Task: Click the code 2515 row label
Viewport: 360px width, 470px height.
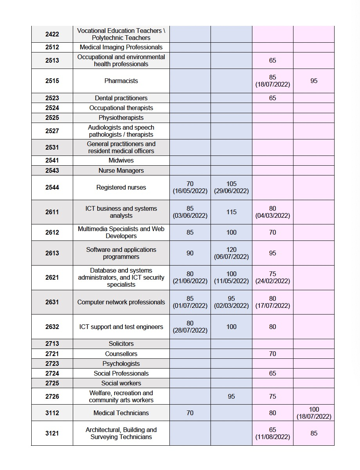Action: (52, 81)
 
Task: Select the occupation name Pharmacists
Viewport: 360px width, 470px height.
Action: (121, 81)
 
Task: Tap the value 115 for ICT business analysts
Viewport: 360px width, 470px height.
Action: (231, 212)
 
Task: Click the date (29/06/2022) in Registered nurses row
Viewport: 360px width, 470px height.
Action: (231, 191)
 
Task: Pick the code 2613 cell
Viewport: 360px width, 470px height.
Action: (52, 253)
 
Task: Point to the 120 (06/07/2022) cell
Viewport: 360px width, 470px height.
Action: (231, 253)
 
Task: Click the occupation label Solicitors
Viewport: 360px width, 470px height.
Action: (121, 343)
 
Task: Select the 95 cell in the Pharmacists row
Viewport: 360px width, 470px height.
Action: (314, 81)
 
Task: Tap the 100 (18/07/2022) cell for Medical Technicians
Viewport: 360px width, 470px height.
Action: (314, 413)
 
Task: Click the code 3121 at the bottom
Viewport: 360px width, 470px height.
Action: (52, 433)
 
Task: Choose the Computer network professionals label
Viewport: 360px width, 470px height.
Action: (121, 302)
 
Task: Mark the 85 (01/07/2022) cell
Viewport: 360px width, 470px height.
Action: (190, 302)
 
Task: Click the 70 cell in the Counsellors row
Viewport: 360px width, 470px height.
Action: (273, 354)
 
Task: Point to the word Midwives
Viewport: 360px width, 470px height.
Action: (121, 161)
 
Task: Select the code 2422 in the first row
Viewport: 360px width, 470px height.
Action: (52, 34)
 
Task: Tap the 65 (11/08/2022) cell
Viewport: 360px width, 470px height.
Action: (273, 433)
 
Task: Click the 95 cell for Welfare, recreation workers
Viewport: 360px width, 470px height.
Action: (231, 396)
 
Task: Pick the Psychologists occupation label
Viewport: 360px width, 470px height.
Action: (121, 363)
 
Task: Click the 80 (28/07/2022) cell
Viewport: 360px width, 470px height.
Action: (190, 327)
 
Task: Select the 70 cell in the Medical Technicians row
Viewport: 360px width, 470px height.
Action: (190, 413)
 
